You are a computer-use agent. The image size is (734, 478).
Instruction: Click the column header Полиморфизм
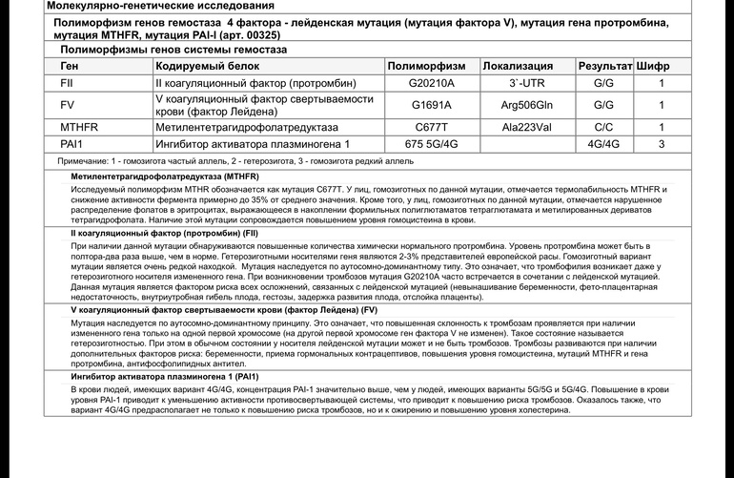click(432, 66)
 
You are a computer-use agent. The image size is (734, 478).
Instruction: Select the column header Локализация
click(518, 66)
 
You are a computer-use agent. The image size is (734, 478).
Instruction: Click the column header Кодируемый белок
click(205, 66)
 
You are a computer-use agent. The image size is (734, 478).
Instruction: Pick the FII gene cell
click(67, 83)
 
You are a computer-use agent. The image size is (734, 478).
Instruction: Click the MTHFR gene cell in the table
click(79, 126)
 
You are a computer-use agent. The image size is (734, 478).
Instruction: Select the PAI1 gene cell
click(73, 144)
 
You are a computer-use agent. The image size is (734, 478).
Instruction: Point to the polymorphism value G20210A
click(431, 83)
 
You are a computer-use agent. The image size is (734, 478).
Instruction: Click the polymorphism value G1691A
click(431, 104)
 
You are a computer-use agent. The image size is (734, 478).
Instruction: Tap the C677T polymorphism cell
click(431, 126)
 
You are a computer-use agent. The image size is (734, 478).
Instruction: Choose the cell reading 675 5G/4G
click(431, 144)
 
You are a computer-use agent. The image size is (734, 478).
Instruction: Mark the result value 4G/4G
click(603, 144)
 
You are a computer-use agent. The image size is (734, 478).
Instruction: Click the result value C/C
click(603, 126)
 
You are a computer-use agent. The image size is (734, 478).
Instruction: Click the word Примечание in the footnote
click(83, 162)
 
